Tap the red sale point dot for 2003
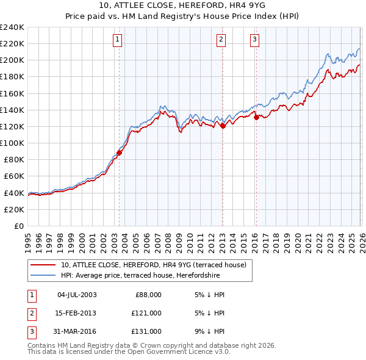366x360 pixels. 119,153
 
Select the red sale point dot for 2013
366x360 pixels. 223,126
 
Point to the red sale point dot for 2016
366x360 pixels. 256,118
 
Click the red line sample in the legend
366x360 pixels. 43,265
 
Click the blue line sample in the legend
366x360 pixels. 43,276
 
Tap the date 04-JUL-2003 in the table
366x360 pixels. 77,295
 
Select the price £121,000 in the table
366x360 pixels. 147,313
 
